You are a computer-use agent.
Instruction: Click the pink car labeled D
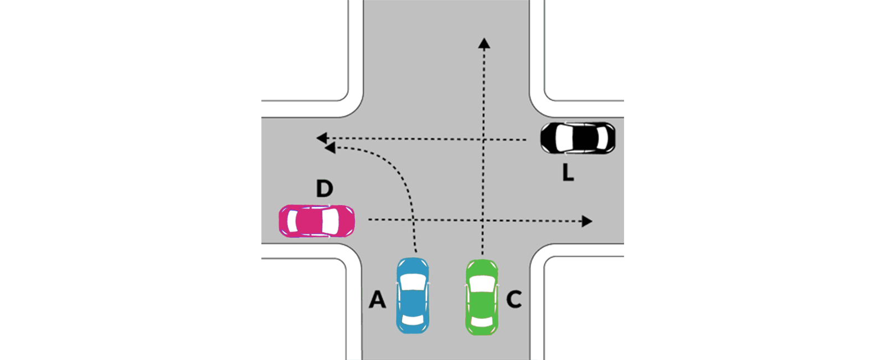[317, 221]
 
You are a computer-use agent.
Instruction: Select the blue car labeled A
[413, 296]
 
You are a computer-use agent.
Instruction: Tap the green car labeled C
[482, 297]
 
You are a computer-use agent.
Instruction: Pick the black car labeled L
[578, 138]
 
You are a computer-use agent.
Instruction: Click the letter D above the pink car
[324, 189]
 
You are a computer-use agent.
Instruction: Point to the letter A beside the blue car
[377, 300]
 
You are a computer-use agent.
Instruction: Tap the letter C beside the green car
[514, 300]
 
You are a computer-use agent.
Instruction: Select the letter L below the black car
[568, 172]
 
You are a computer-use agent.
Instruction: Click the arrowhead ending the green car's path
[484, 43]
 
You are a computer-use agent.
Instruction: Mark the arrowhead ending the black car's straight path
[322, 138]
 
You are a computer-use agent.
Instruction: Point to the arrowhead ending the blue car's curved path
[330, 148]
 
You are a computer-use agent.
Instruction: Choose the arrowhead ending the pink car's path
[587, 221]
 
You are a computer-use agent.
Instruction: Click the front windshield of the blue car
[413, 282]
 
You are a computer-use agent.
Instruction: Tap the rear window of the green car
[481, 321]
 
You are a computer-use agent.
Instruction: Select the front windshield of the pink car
[331, 221]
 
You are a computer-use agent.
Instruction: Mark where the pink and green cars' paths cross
[482, 220]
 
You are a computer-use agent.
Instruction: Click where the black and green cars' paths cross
[483, 139]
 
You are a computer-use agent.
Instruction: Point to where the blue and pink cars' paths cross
[413, 220]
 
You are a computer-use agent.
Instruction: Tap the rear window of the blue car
[413, 320]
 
